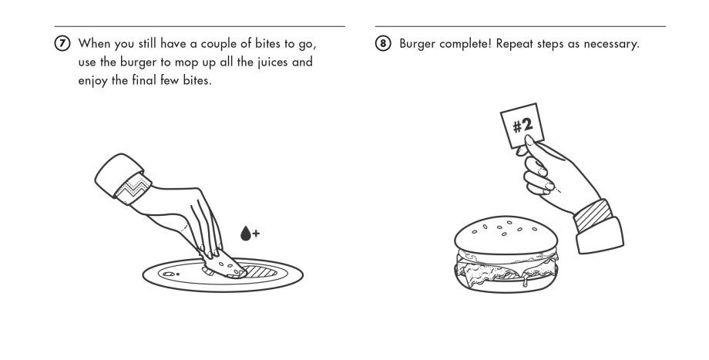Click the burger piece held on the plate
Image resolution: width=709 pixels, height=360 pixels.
227,267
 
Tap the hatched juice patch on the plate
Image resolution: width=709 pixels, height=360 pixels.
258,271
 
